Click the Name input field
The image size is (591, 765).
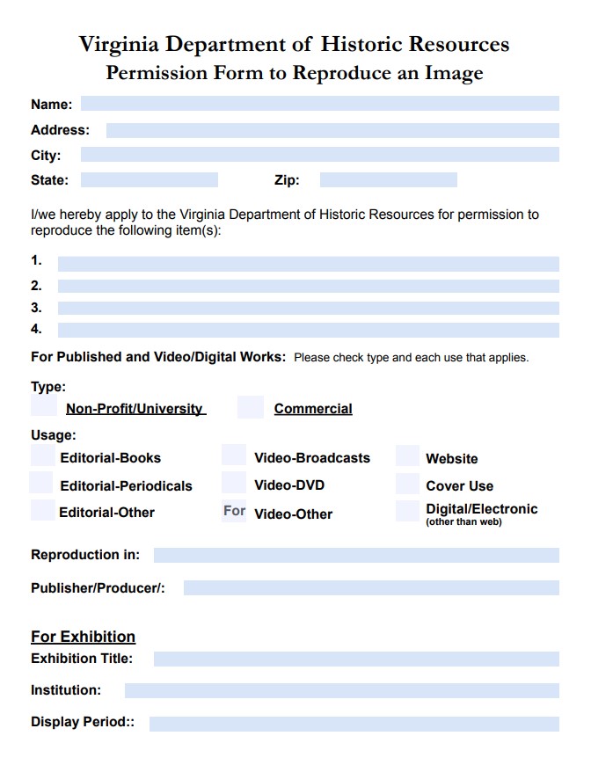319,104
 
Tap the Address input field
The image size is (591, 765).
332,130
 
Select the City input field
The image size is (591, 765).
319,155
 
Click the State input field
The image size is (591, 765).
149,180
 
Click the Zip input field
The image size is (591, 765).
388,180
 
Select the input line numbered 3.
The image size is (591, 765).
308,308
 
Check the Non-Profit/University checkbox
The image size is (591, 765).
44,405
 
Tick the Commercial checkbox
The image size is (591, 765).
251,407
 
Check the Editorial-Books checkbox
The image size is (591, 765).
42,455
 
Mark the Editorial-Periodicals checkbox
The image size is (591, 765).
41,483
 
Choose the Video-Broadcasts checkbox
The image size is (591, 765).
234,455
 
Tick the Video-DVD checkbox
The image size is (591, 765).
234,483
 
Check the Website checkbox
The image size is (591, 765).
407,455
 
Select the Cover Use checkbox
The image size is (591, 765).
407,484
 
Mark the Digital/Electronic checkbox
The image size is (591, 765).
407,511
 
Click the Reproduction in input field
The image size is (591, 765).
356,555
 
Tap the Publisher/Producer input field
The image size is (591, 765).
371,587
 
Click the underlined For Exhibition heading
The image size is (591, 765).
83,637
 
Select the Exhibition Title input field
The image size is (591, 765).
356,659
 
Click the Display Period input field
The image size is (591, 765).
354,724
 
